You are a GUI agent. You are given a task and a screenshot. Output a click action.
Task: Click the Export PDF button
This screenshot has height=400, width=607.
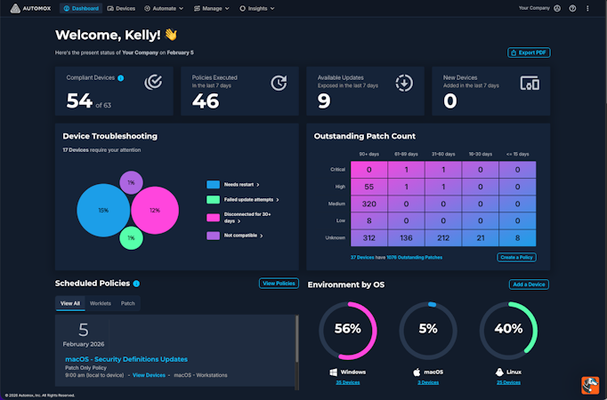pyautogui.click(x=529, y=52)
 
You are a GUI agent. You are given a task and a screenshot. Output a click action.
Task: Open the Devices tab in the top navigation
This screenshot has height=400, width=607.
pyautogui.click(x=121, y=8)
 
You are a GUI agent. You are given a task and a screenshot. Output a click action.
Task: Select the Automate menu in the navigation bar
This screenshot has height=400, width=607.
pyautogui.click(x=164, y=8)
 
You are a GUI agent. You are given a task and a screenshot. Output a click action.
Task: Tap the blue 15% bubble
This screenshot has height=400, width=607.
pyautogui.click(x=103, y=211)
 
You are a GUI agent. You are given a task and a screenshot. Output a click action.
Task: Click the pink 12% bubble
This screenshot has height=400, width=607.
pyautogui.click(x=154, y=210)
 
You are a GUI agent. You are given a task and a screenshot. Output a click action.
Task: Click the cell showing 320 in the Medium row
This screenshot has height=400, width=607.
pyautogui.click(x=368, y=203)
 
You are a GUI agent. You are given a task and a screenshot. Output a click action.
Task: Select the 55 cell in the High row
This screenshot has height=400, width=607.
pyautogui.click(x=368, y=186)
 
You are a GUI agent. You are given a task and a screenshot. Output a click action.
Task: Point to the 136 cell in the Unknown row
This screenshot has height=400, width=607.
pyautogui.click(x=406, y=237)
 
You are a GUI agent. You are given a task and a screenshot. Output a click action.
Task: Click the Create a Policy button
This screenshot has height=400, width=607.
pyautogui.click(x=516, y=257)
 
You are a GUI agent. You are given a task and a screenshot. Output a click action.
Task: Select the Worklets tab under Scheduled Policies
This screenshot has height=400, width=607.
pyautogui.click(x=101, y=303)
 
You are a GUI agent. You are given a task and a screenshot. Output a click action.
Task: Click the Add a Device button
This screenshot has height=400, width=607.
pyautogui.click(x=529, y=284)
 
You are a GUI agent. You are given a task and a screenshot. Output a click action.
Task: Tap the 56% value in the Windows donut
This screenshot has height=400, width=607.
pyautogui.click(x=348, y=329)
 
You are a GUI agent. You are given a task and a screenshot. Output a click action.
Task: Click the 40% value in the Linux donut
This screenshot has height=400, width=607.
pyautogui.click(x=508, y=329)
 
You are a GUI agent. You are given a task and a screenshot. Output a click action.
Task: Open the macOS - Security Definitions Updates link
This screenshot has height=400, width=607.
pyautogui.click(x=126, y=359)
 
